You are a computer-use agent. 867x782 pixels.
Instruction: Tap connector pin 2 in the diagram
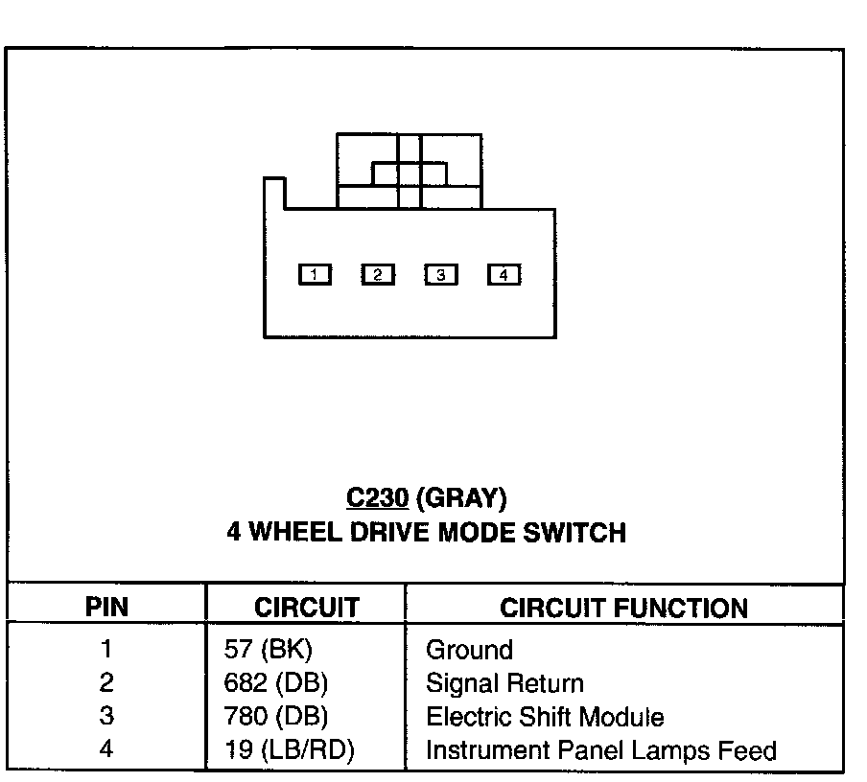[377, 275]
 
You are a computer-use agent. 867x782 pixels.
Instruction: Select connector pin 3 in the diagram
[440, 275]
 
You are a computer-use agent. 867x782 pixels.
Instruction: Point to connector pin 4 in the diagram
[504, 275]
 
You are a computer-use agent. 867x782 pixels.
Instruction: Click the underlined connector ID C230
[378, 498]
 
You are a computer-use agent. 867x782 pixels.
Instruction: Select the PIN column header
[106, 608]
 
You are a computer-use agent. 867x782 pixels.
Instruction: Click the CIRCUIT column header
[306, 608]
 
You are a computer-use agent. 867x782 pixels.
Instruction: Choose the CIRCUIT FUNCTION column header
[623, 608]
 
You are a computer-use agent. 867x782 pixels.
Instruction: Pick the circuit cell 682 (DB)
[275, 683]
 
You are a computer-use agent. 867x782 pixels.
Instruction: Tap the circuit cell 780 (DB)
[275, 717]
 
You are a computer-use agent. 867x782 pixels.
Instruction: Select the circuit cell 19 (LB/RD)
[289, 750]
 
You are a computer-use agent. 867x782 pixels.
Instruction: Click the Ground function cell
[469, 650]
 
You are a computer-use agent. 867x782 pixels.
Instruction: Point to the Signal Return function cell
[504, 683]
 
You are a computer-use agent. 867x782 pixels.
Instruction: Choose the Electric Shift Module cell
[545, 717]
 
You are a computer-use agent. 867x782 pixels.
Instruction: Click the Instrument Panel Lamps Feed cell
[600, 750]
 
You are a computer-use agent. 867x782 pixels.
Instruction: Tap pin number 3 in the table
[106, 717]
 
